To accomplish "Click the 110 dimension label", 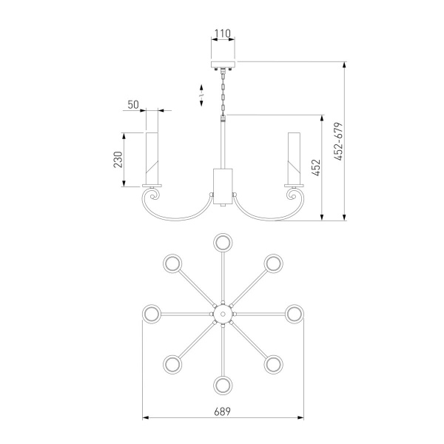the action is pyautogui.click(x=223, y=34).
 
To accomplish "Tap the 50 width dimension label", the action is pyautogui.click(x=133, y=105).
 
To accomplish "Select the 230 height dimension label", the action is pyautogui.click(x=118, y=160).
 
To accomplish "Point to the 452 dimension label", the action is pyautogui.click(x=316, y=167).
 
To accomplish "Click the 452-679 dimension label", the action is pyautogui.click(x=338, y=141).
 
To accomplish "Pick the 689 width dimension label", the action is pyautogui.click(x=222, y=411).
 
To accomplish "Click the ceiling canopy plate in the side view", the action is pyautogui.click(x=223, y=64).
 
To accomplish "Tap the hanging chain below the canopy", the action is pyautogui.click(x=223, y=92).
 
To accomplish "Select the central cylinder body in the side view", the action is pyautogui.click(x=223, y=186).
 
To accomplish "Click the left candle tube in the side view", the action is pyautogui.click(x=152, y=158).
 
